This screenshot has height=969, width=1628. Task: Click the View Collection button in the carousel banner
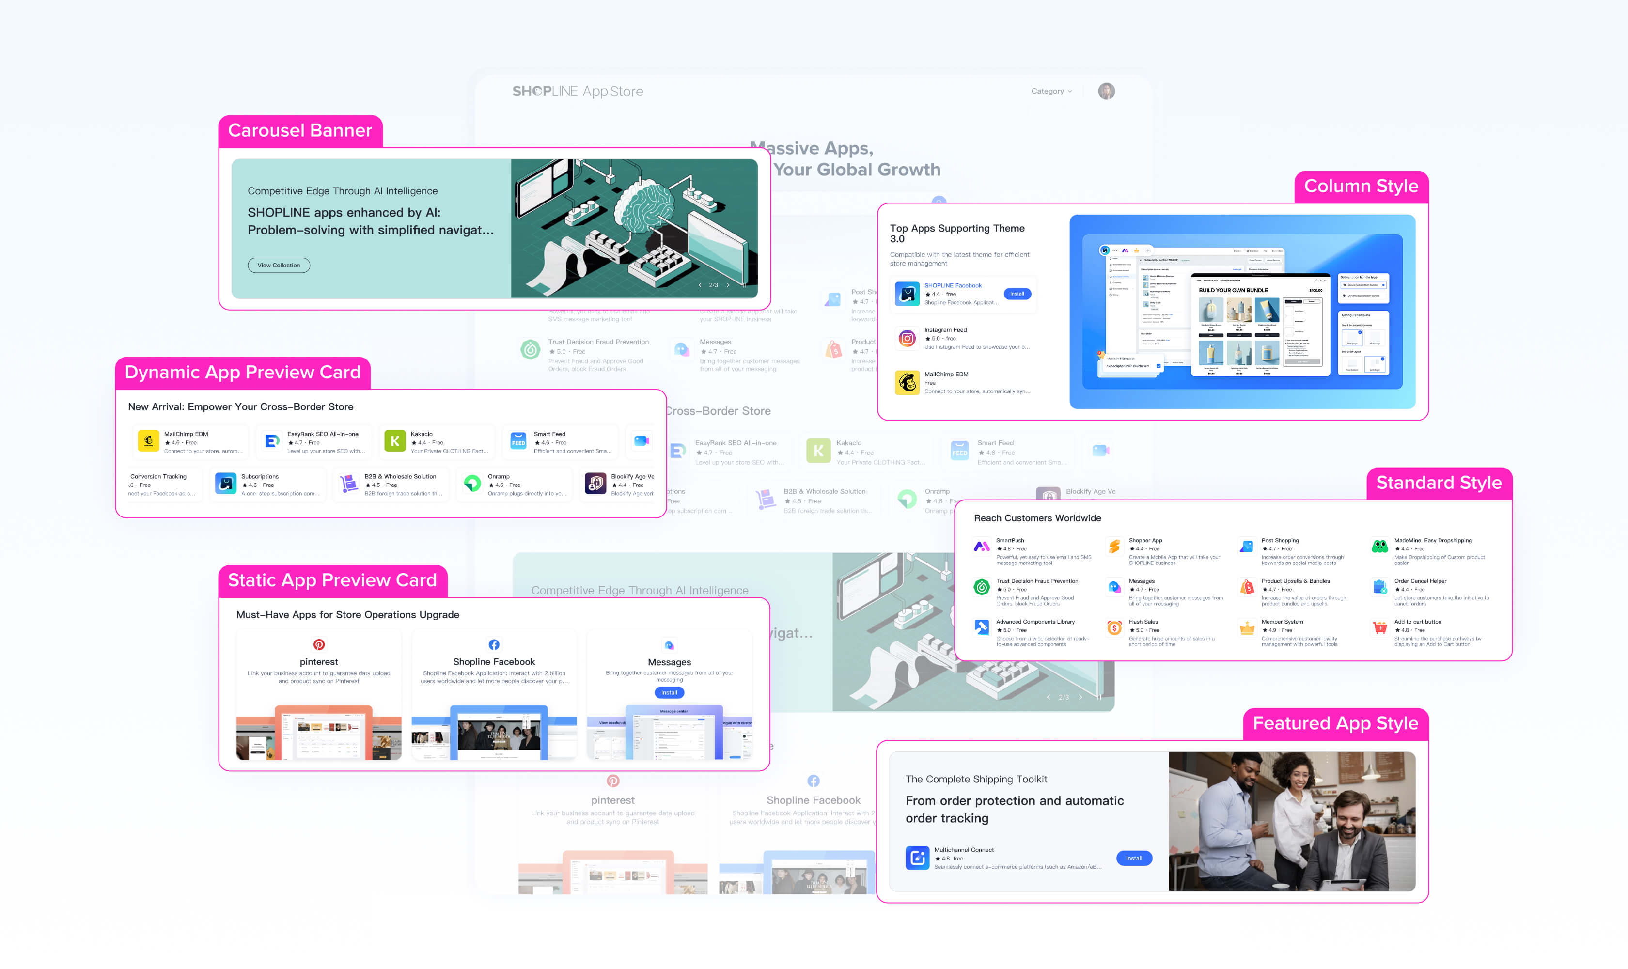tap(279, 265)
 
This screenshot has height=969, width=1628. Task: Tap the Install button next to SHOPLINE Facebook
tap(1017, 294)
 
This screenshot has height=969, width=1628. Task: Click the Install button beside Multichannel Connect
tap(1134, 858)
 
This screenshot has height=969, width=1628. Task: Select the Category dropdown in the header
tap(1051, 92)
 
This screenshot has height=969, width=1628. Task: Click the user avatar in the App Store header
tap(1106, 92)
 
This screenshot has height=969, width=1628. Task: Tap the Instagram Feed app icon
tap(907, 338)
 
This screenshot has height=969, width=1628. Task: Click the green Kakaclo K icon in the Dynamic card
tap(394, 441)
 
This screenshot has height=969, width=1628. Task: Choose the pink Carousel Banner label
tap(300, 131)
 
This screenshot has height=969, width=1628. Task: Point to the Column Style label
tap(1361, 187)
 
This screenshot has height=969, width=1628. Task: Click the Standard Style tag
tap(1439, 483)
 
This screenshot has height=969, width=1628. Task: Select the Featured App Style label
tap(1335, 723)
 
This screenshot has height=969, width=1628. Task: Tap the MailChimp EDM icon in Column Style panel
tap(907, 383)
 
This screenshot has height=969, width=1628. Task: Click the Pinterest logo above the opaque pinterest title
tap(319, 644)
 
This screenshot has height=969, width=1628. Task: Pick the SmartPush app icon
tap(982, 547)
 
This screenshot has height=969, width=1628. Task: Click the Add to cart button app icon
tap(1379, 628)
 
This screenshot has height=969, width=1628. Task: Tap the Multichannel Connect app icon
tap(917, 858)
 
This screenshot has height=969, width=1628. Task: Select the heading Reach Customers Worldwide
tap(1037, 518)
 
